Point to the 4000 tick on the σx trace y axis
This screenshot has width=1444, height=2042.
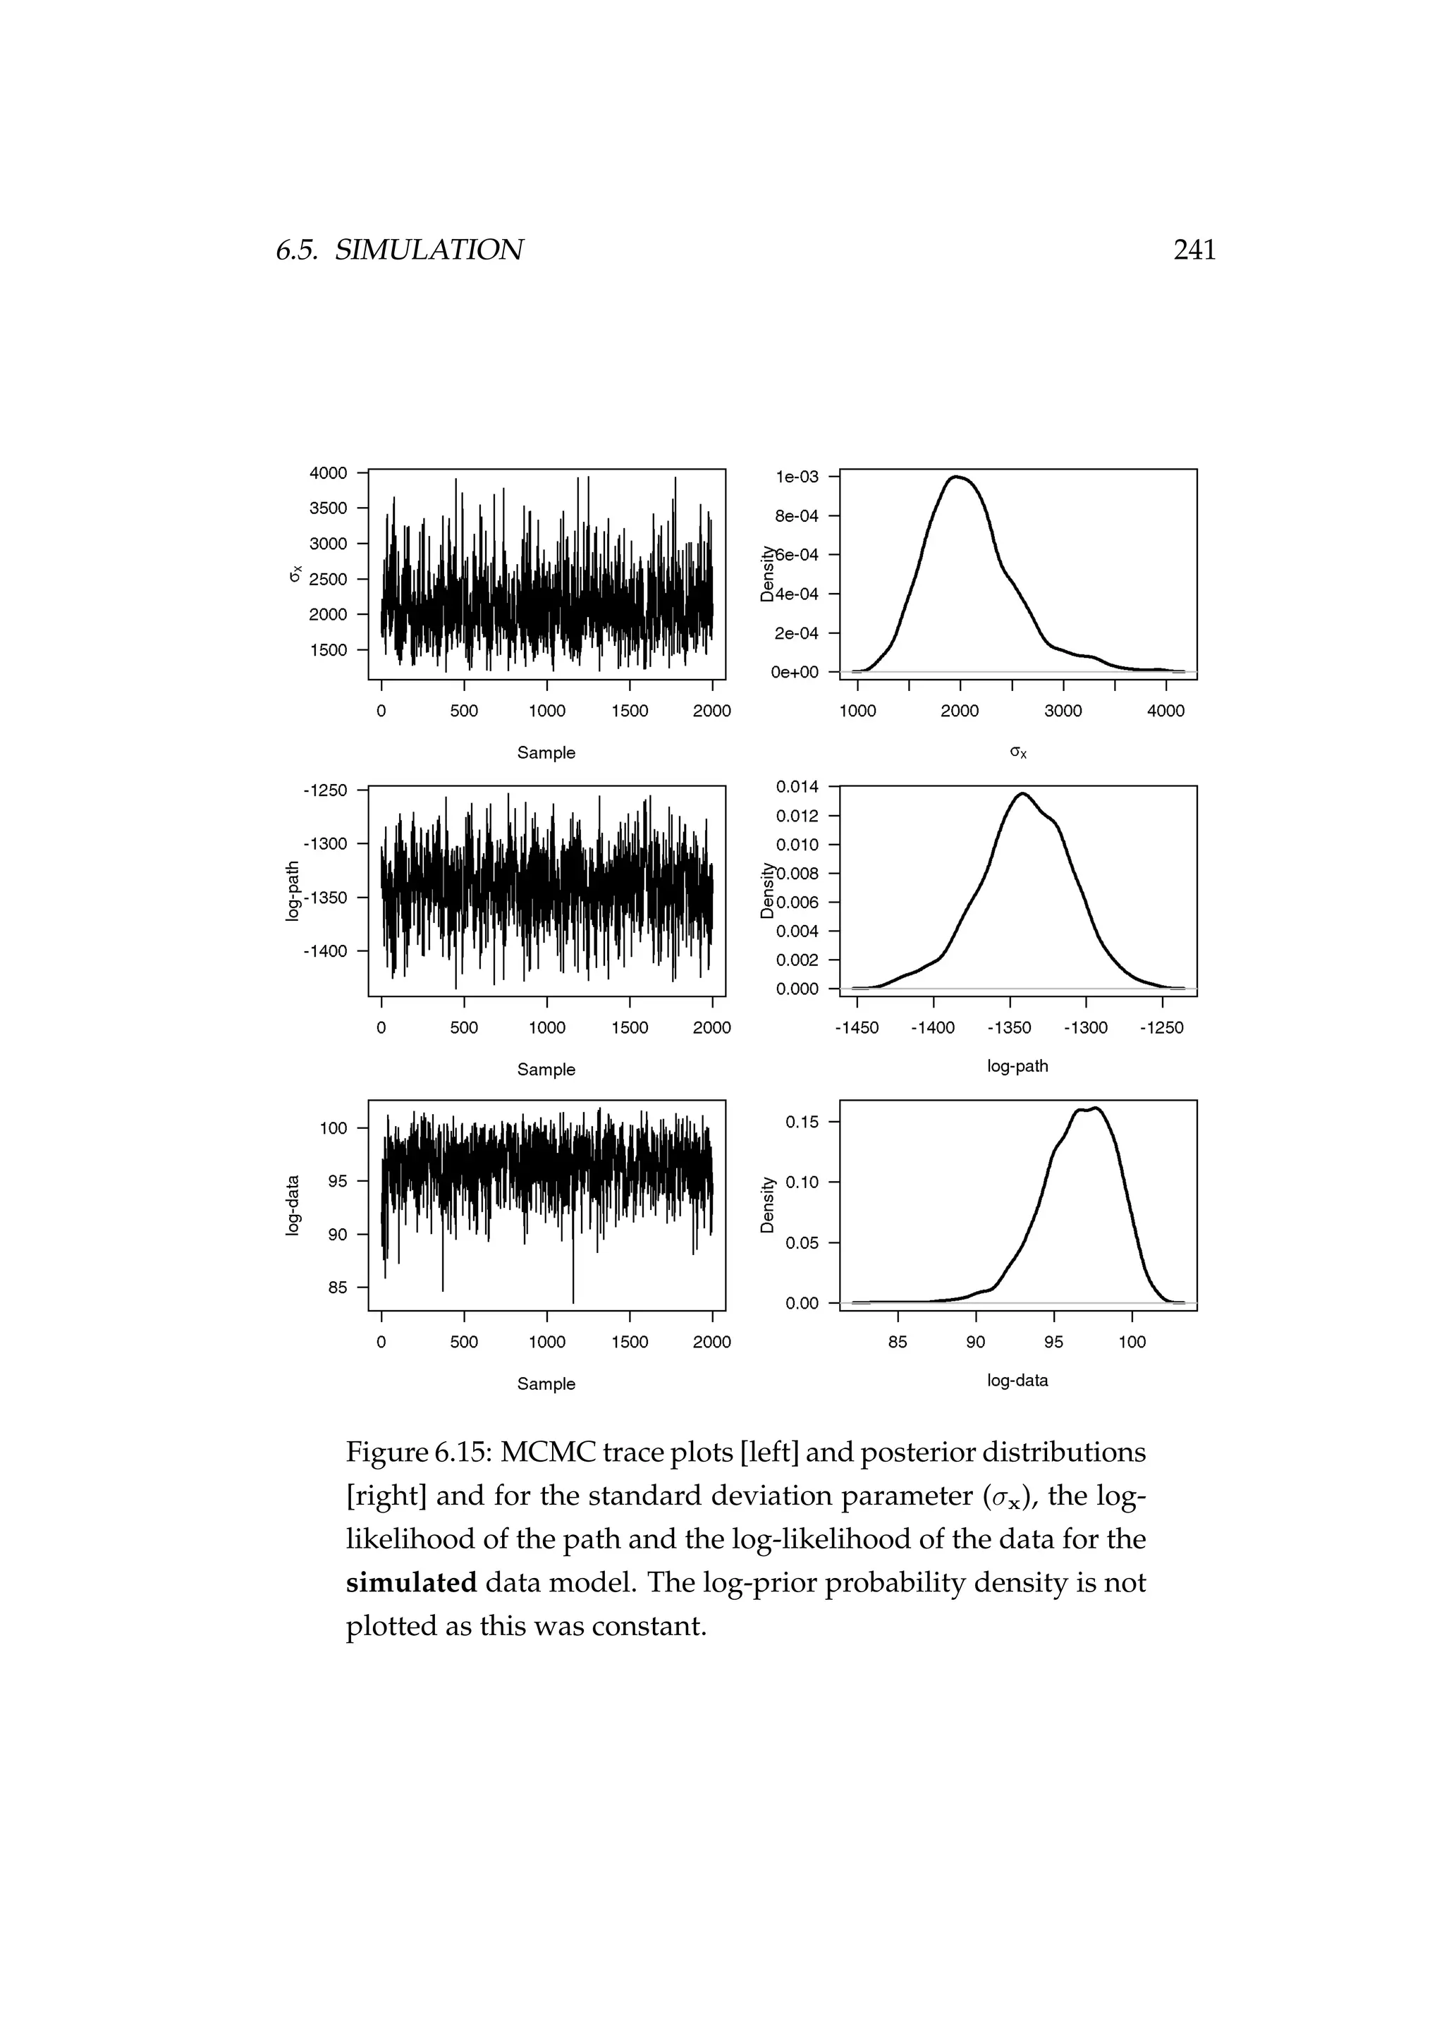tap(328, 473)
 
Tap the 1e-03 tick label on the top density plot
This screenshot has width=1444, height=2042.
tap(797, 477)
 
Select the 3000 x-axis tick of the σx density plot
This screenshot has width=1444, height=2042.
tap(1063, 711)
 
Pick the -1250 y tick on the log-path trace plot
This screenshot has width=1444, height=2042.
tap(326, 790)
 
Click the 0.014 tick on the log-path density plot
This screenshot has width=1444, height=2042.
tap(797, 786)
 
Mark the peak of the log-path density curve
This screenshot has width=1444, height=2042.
tap(1022, 793)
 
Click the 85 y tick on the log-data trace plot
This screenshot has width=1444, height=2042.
tap(337, 1287)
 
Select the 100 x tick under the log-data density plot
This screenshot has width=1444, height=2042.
tap(1131, 1342)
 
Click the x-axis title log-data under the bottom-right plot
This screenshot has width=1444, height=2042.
tap(1017, 1381)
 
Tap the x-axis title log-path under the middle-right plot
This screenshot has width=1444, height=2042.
tap(1017, 1065)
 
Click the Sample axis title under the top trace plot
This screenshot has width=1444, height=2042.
tap(546, 752)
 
